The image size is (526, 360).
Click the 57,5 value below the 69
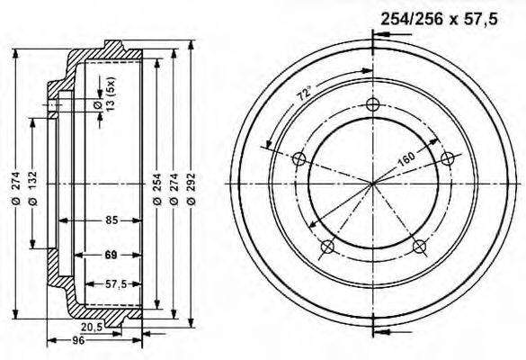[x=116, y=284]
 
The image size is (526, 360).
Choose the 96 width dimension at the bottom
[x=78, y=341]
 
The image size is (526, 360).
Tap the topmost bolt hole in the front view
[x=372, y=104]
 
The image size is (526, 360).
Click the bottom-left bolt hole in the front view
[x=326, y=247]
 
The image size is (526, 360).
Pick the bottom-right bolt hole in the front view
[x=418, y=246]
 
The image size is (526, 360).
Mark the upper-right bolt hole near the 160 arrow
[x=447, y=158]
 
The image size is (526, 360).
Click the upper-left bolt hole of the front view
[x=299, y=159]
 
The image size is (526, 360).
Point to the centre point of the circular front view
[x=372, y=184]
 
